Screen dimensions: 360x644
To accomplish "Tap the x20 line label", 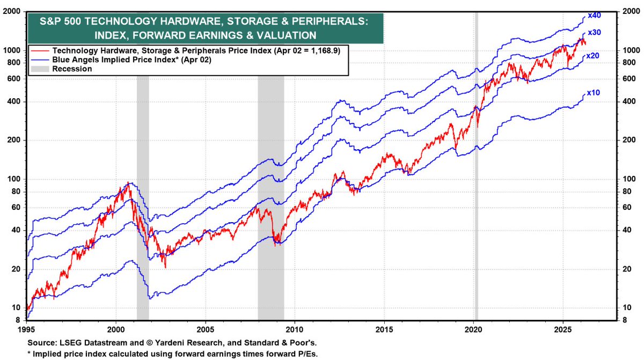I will pos(593,56).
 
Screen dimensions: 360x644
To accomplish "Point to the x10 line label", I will pos(593,93).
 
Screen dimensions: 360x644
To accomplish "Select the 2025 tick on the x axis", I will pos(562,328).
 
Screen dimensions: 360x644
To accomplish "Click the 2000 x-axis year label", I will pos(116,328).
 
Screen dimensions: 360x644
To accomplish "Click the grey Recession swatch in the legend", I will pos(39,69).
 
